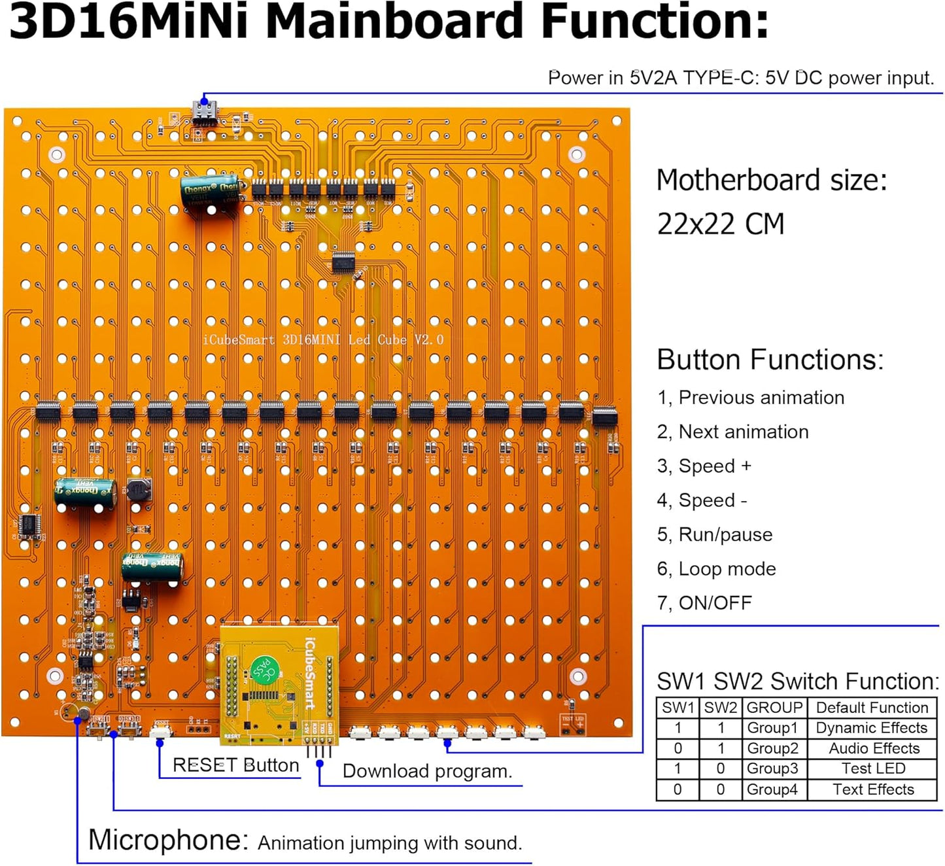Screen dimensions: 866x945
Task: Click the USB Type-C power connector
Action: pos(205,113)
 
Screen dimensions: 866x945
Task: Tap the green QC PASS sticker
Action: pos(264,668)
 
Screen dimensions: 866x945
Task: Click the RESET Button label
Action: pos(235,765)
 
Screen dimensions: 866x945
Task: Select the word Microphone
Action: pos(167,840)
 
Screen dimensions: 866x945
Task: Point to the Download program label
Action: pos(427,771)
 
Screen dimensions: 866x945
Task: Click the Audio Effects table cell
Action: pos(873,748)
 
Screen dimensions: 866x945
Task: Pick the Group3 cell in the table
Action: pos(772,769)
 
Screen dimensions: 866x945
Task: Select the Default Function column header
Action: pos(872,708)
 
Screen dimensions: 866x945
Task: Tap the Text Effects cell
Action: pos(873,789)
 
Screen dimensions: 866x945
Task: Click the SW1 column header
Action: pos(678,708)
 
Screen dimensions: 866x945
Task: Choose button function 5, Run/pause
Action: pos(715,534)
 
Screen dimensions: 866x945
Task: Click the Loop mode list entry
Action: pos(717,569)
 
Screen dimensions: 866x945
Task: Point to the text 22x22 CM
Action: pos(720,224)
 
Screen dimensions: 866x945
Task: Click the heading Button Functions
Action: pos(770,360)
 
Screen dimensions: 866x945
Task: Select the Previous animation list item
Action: pos(751,398)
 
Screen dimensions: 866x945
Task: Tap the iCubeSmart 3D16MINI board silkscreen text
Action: pos(323,339)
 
